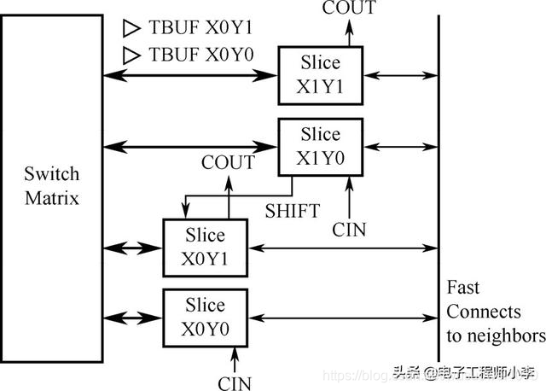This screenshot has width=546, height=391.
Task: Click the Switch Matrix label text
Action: click(51, 186)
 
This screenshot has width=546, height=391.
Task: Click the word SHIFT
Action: click(292, 211)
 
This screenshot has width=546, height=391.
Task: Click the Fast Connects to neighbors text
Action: click(495, 311)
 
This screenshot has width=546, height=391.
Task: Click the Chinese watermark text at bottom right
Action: click(466, 372)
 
